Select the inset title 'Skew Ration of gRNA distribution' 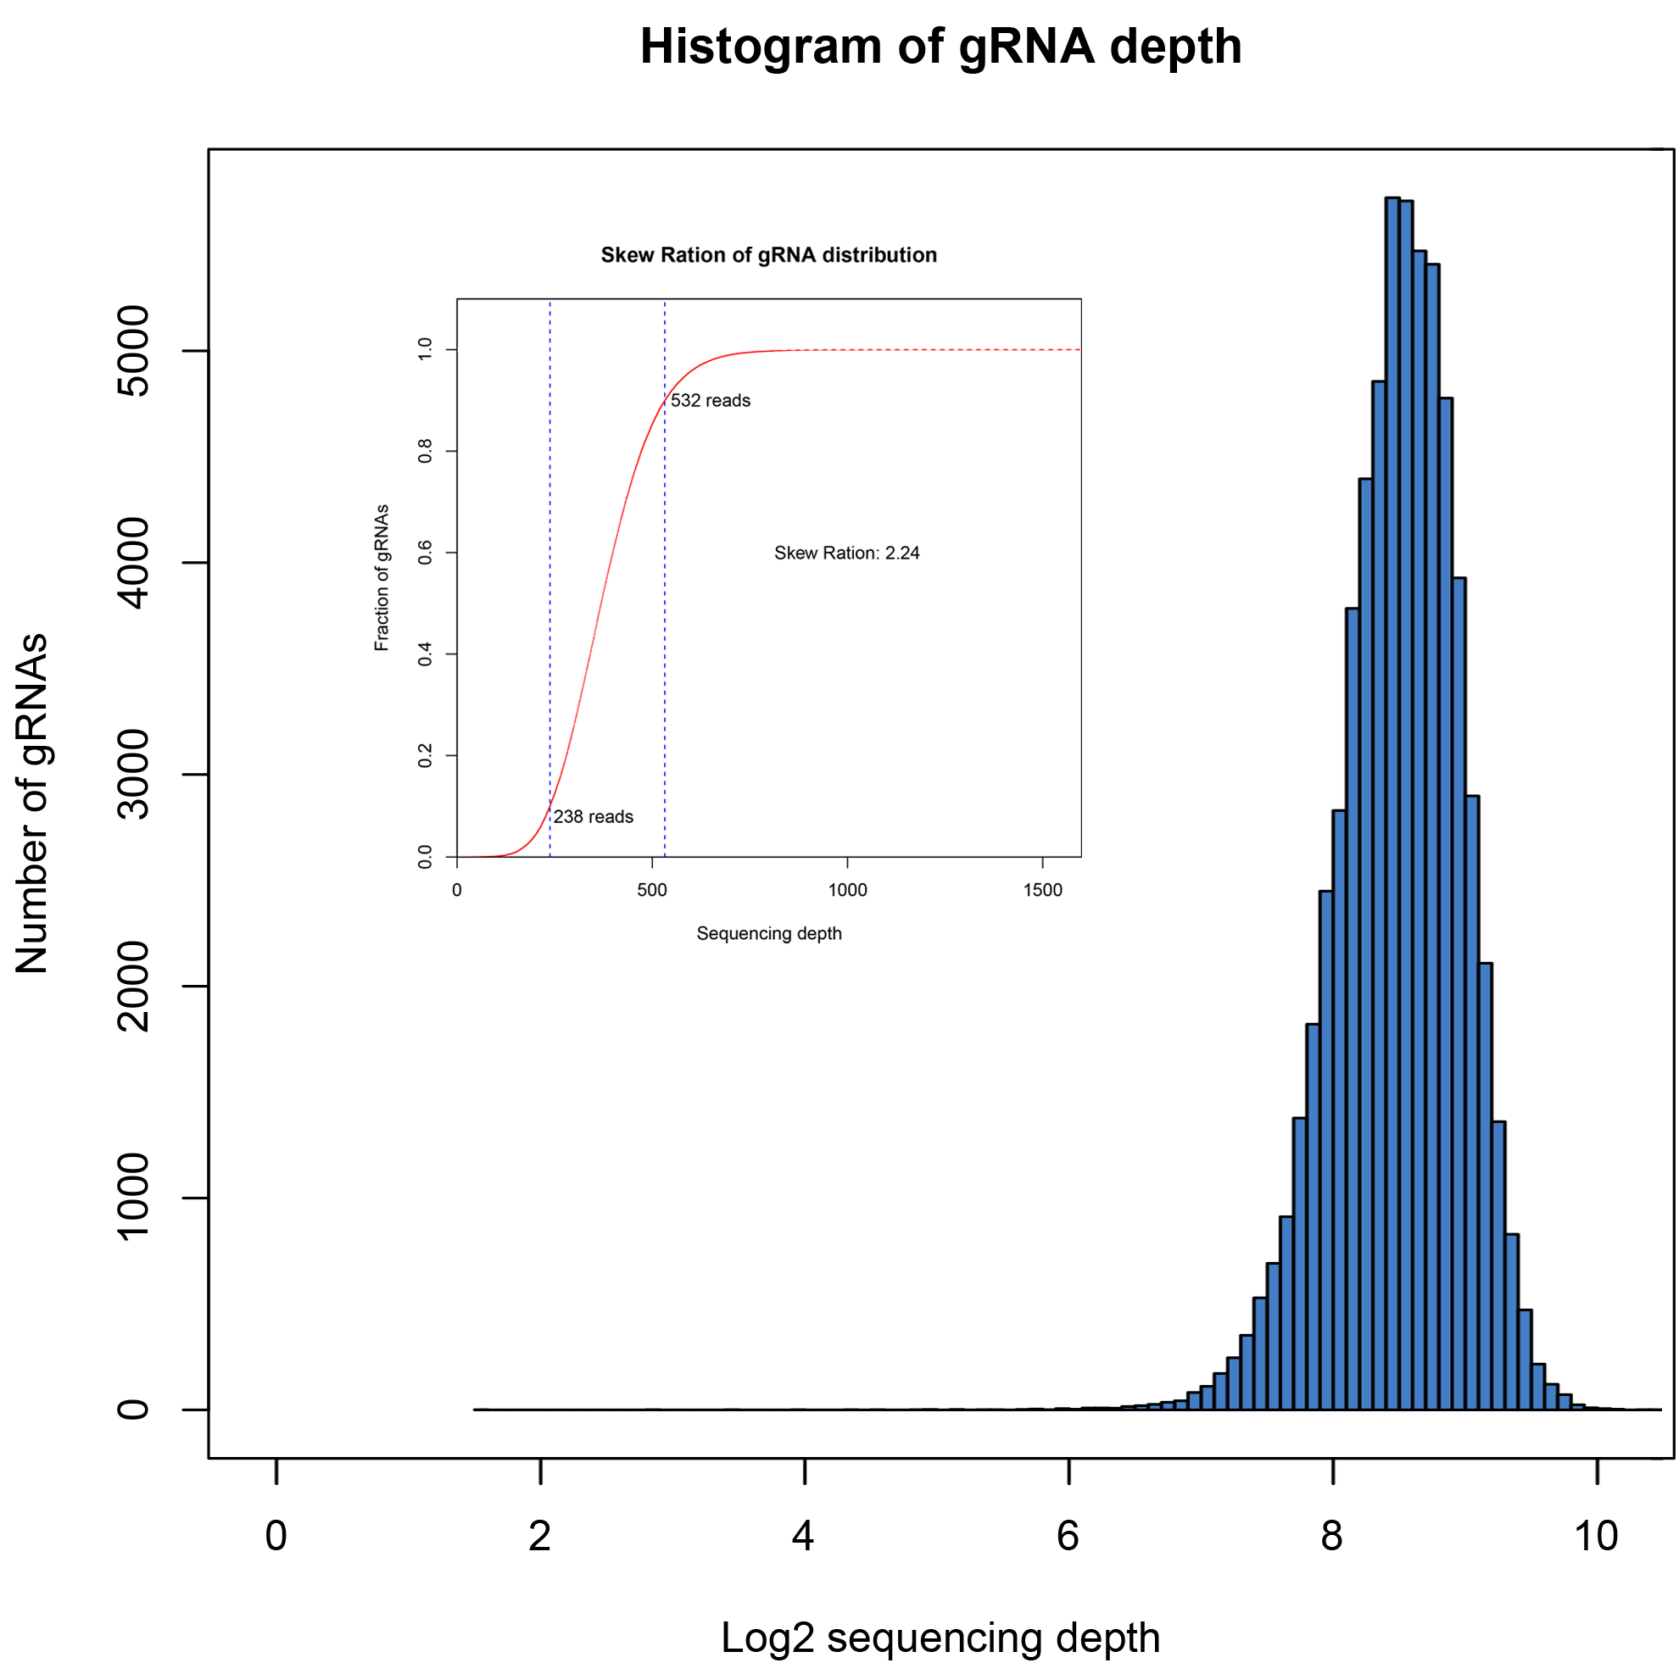768,254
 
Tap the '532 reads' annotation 710,400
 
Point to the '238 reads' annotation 593,816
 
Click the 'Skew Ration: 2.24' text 846,553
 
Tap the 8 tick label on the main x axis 1331,1536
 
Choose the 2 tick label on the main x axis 539,1536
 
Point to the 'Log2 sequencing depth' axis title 940,1638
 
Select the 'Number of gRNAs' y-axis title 33,804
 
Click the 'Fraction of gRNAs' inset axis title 382,578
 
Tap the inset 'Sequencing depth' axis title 768,933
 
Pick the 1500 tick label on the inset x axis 1042,890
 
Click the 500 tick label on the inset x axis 652,890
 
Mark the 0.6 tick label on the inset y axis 425,553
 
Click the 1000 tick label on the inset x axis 846,890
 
